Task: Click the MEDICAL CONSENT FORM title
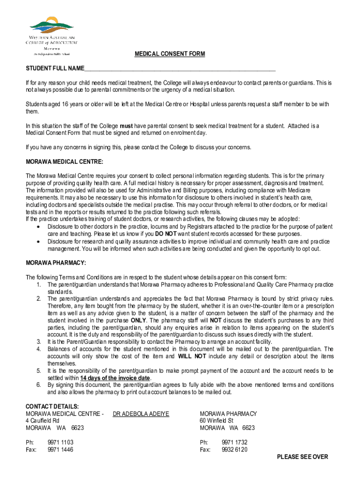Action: point(170,54)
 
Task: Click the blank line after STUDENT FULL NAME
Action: point(180,69)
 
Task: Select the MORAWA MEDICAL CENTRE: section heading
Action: point(64,162)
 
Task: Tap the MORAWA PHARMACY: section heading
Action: point(56,263)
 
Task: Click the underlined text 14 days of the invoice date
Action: point(115,378)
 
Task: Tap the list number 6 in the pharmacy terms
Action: point(38,385)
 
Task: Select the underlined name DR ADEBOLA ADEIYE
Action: point(141,414)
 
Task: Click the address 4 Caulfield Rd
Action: point(43,421)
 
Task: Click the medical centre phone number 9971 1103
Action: point(60,442)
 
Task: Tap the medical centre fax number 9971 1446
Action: point(60,450)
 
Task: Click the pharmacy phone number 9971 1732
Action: point(235,442)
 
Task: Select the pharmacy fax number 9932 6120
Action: point(235,450)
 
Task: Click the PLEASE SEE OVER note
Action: point(302,457)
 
